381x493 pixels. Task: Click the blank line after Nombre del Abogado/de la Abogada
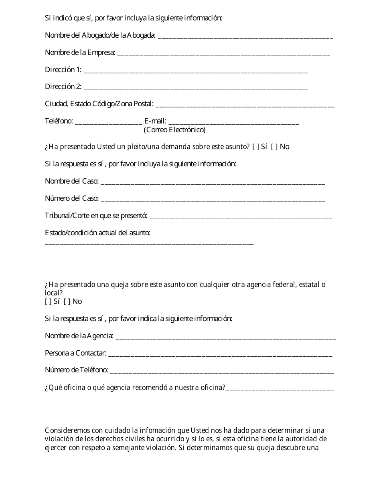click(x=245, y=36)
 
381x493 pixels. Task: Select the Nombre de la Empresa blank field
click(x=223, y=54)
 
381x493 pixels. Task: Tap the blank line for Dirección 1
click(x=196, y=71)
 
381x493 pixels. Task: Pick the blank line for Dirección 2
click(x=196, y=88)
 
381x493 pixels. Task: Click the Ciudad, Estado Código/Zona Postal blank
click(x=245, y=105)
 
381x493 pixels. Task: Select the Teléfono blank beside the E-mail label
click(x=108, y=122)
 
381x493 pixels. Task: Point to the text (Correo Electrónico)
click(x=174, y=130)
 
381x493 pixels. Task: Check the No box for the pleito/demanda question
click(x=274, y=147)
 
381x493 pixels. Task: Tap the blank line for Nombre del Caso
click(x=213, y=182)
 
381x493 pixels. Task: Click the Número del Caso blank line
click(x=213, y=200)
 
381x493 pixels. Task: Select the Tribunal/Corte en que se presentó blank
click(x=241, y=217)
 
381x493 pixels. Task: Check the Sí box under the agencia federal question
click(x=48, y=301)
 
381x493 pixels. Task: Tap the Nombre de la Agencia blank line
click(x=225, y=337)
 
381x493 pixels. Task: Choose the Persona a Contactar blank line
click(x=220, y=354)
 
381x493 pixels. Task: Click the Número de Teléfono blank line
click(x=221, y=372)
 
